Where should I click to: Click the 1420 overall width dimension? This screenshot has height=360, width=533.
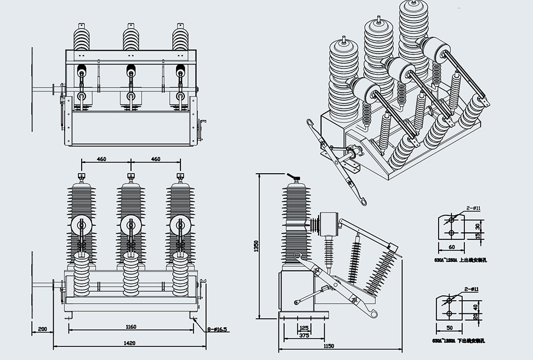coord(130,343)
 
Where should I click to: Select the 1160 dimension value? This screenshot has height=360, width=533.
coord(131,327)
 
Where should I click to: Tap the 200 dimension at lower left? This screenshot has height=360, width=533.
coord(43,329)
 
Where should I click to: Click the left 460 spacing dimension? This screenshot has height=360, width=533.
coord(101,159)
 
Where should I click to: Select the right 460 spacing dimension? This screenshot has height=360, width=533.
coord(156,159)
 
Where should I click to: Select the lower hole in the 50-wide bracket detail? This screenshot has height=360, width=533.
coord(449,313)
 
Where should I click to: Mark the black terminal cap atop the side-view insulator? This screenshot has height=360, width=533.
coord(296,177)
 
